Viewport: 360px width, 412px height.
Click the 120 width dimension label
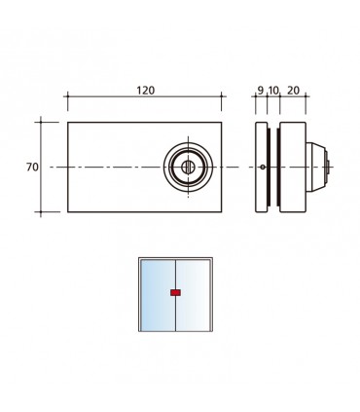(145, 91)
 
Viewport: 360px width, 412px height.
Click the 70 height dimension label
(32, 168)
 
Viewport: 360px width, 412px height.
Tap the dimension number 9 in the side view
(260, 91)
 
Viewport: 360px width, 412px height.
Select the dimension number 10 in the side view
(273, 91)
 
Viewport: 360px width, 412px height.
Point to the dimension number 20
(293, 91)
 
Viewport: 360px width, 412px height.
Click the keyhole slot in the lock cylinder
(188, 168)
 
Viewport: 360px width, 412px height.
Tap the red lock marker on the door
(175, 292)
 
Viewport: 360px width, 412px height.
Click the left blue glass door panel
(158, 295)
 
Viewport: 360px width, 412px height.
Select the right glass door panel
(193, 295)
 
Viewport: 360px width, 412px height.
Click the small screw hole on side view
(263, 168)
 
